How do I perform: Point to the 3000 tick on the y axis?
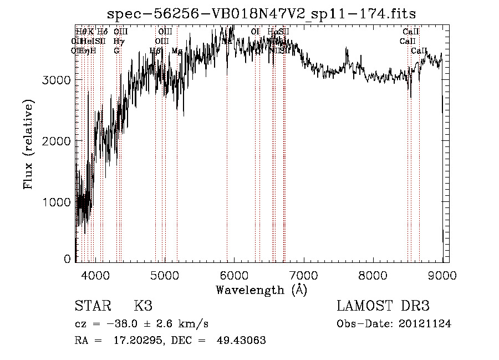pos(56,80)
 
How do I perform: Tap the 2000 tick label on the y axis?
pos(56,141)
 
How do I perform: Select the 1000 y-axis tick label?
pos(56,202)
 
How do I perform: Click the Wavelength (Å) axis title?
pos(261,290)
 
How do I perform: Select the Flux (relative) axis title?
pos(28,144)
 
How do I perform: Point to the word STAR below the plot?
pos(92,306)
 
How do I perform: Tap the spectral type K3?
pos(143,306)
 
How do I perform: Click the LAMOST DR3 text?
pos(383,306)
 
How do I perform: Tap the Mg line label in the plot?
pos(177,50)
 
